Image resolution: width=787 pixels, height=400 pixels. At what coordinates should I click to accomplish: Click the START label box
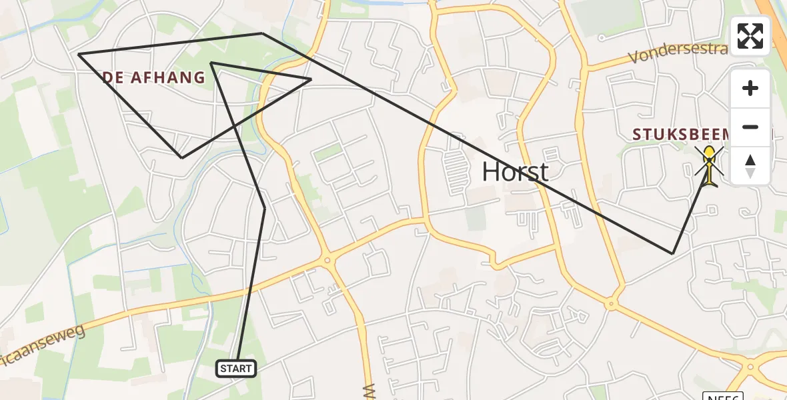[236, 368]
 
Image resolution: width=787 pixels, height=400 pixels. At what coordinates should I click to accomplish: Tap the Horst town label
[515, 172]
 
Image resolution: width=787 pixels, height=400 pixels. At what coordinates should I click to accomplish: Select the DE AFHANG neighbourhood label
[154, 77]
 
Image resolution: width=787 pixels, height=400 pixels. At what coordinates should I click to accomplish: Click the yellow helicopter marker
[709, 165]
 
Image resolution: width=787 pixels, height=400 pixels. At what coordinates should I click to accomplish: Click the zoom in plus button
[750, 88]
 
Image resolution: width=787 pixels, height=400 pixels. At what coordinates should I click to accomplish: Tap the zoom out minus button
[750, 127]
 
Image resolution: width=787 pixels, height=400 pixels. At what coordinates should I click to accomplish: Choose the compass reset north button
[750, 165]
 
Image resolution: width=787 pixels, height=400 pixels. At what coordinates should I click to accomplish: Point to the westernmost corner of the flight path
[79, 54]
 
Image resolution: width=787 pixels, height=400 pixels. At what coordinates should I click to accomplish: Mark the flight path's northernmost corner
[262, 33]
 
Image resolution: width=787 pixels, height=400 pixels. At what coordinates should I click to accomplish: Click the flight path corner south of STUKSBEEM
[672, 253]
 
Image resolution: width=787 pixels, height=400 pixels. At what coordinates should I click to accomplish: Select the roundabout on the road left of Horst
[326, 261]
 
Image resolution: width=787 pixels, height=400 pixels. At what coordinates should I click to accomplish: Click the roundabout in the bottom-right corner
[750, 367]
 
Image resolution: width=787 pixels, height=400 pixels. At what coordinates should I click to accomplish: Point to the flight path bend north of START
[265, 209]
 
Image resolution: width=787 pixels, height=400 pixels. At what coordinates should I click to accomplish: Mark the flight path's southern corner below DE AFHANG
[182, 158]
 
